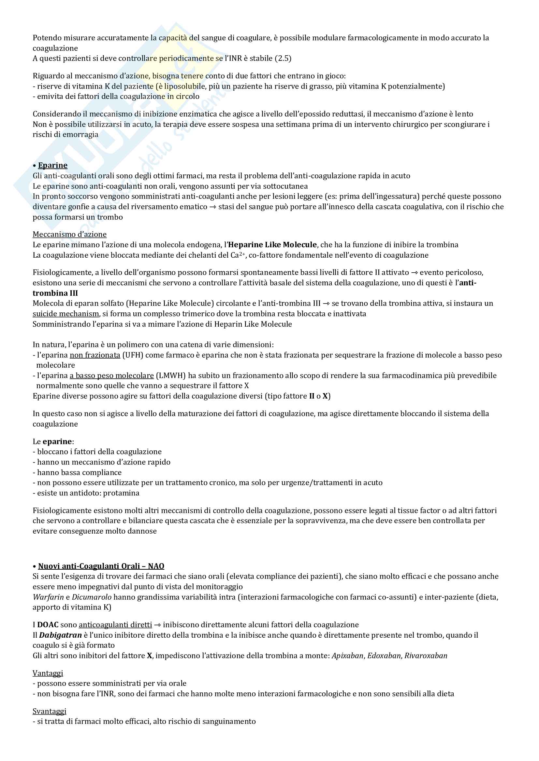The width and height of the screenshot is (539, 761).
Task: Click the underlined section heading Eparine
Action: (x=53, y=165)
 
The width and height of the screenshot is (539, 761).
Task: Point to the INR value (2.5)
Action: (x=283, y=59)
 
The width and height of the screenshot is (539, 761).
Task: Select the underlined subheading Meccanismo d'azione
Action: (x=70, y=234)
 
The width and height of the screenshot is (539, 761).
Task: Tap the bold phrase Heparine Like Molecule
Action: (x=272, y=245)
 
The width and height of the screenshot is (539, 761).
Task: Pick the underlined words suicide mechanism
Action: (x=66, y=314)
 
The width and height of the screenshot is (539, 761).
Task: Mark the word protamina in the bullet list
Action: (x=121, y=493)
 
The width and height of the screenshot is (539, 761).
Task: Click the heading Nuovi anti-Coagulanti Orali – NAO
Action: (x=101, y=566)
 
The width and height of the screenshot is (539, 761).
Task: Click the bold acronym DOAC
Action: (x=48, y=625)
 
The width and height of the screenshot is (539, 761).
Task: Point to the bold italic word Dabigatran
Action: (x=60, y=635)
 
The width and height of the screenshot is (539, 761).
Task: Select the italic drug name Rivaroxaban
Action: (x=426, y=656)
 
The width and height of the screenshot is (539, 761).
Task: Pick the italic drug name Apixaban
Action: (x=347, y=656)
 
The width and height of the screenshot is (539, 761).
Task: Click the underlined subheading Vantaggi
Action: (x=48, y=673)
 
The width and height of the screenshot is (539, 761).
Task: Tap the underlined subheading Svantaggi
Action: (x=50, y=711)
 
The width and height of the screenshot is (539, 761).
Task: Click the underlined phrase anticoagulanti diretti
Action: (x=115, y=625)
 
